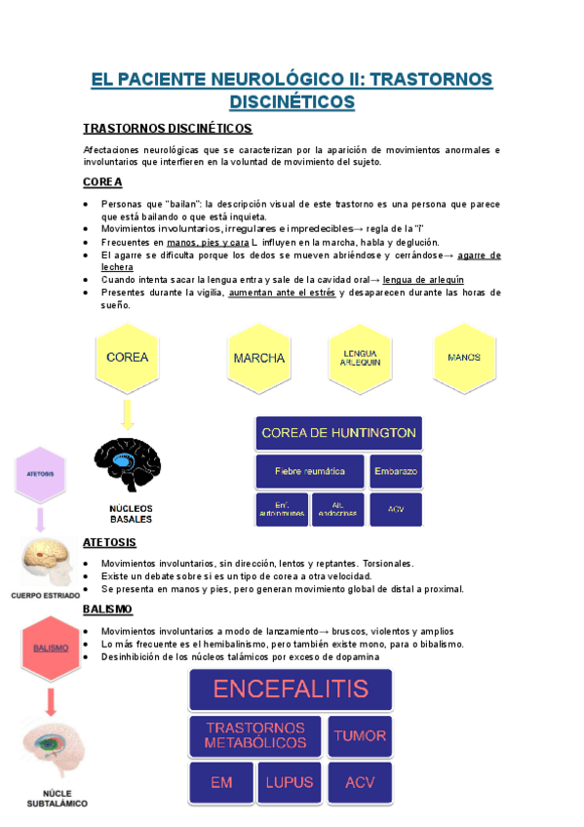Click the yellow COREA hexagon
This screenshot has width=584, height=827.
pos(127,357)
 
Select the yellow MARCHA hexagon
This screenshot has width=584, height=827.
pos(259,358)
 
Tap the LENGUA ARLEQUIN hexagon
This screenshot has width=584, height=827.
pos(361,358)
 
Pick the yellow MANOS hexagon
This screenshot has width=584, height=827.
pos(463,358)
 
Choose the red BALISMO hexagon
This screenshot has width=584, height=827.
pos(51,648)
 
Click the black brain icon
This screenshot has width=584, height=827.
pos(128,465)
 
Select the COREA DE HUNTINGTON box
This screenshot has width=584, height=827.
pos(338,433)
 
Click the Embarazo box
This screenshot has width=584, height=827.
pos(396,471)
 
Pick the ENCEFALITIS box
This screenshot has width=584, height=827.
pos(291,689)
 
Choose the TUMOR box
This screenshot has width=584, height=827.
pos(359,736)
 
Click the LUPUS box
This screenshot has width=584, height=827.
pos(290,782)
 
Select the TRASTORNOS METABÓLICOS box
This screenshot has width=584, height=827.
pos(254,736)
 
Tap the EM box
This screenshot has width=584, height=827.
pos(221,782)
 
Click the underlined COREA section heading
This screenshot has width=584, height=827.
pos(102,182)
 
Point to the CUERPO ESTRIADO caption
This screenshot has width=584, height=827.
pos(46,594)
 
